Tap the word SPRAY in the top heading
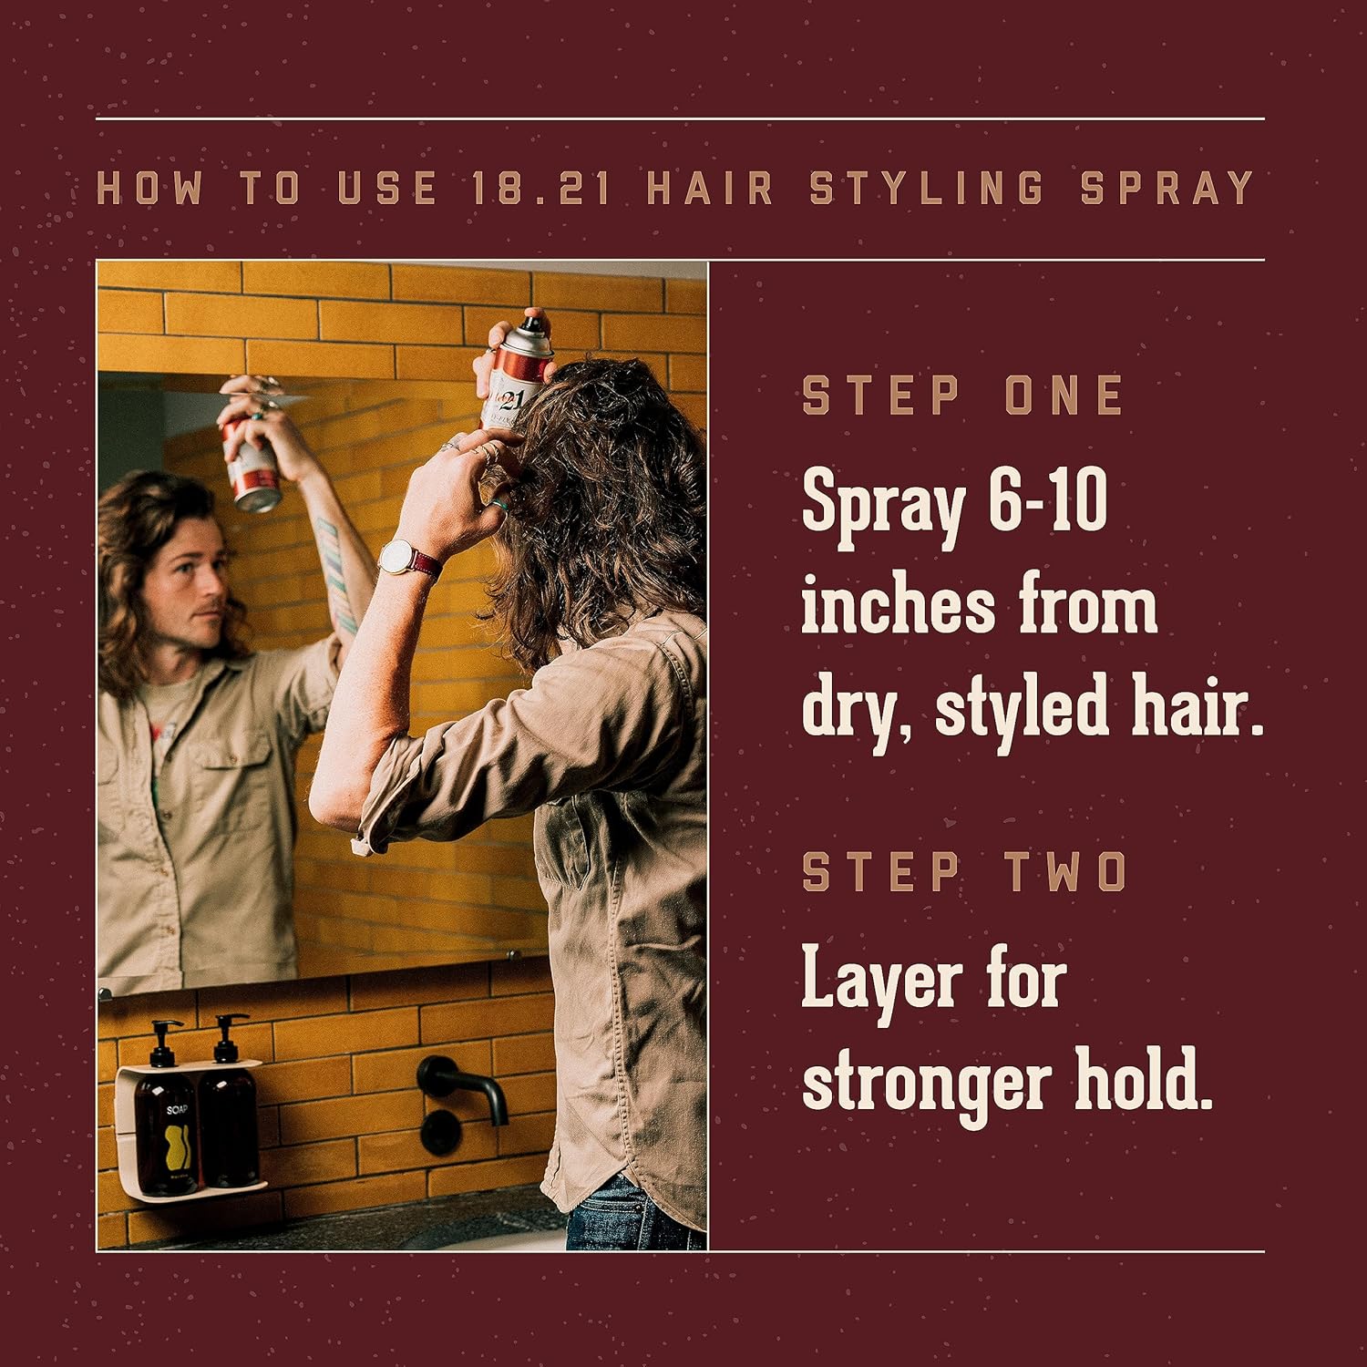1167,188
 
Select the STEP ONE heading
962,396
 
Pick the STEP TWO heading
965,872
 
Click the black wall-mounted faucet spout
465,1087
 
